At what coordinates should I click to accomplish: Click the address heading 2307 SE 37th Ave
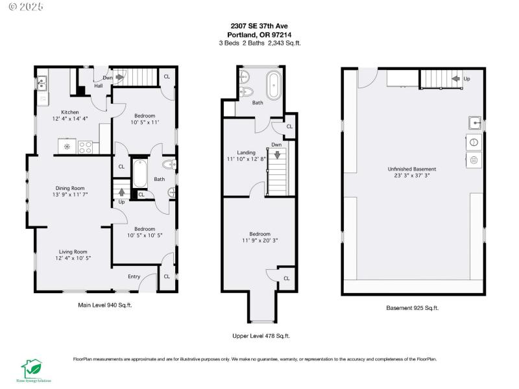(259, 27)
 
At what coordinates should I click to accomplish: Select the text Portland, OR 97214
(259, 35)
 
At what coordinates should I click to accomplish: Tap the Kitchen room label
(69, 111)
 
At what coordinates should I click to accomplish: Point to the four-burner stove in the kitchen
(86, 147)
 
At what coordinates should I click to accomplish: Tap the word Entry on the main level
(134, 277)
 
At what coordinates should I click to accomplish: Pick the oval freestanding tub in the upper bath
(274, 86)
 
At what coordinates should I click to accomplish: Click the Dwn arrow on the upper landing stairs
(277, 154)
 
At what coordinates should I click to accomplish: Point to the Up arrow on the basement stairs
(456, 78)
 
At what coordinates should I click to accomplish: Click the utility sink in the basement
(474, 123)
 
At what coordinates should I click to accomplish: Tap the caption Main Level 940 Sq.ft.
(104, 304)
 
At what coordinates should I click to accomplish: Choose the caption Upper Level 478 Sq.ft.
(261, 336)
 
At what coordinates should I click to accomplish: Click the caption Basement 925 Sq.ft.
(412, 308)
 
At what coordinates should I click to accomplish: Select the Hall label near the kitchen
(99, 86)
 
